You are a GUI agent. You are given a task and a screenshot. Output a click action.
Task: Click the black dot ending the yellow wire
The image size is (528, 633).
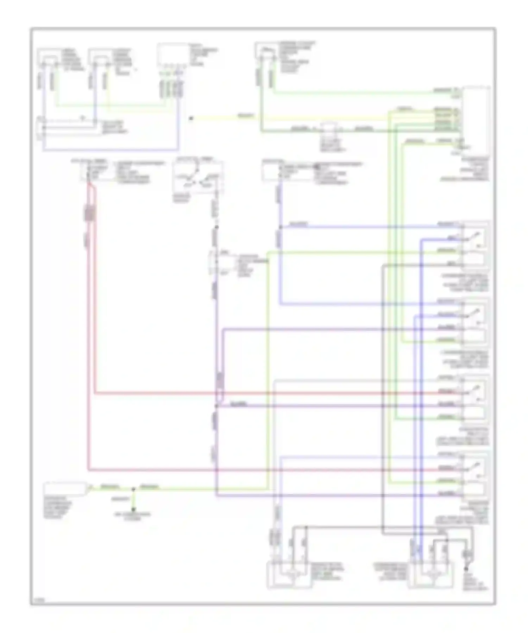point(191,119)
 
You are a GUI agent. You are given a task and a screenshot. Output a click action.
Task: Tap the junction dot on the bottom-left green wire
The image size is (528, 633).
point(133,489)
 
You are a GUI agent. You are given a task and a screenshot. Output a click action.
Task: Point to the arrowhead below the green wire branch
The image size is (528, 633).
point(133,509)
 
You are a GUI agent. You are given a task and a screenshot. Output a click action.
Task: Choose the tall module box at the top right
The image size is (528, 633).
point(476,120)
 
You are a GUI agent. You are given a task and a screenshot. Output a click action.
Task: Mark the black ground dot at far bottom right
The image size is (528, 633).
point(467,569)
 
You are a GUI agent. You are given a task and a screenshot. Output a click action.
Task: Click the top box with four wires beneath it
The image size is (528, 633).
point(172,55)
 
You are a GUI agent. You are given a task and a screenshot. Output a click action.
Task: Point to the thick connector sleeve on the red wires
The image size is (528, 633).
point(90,213)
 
